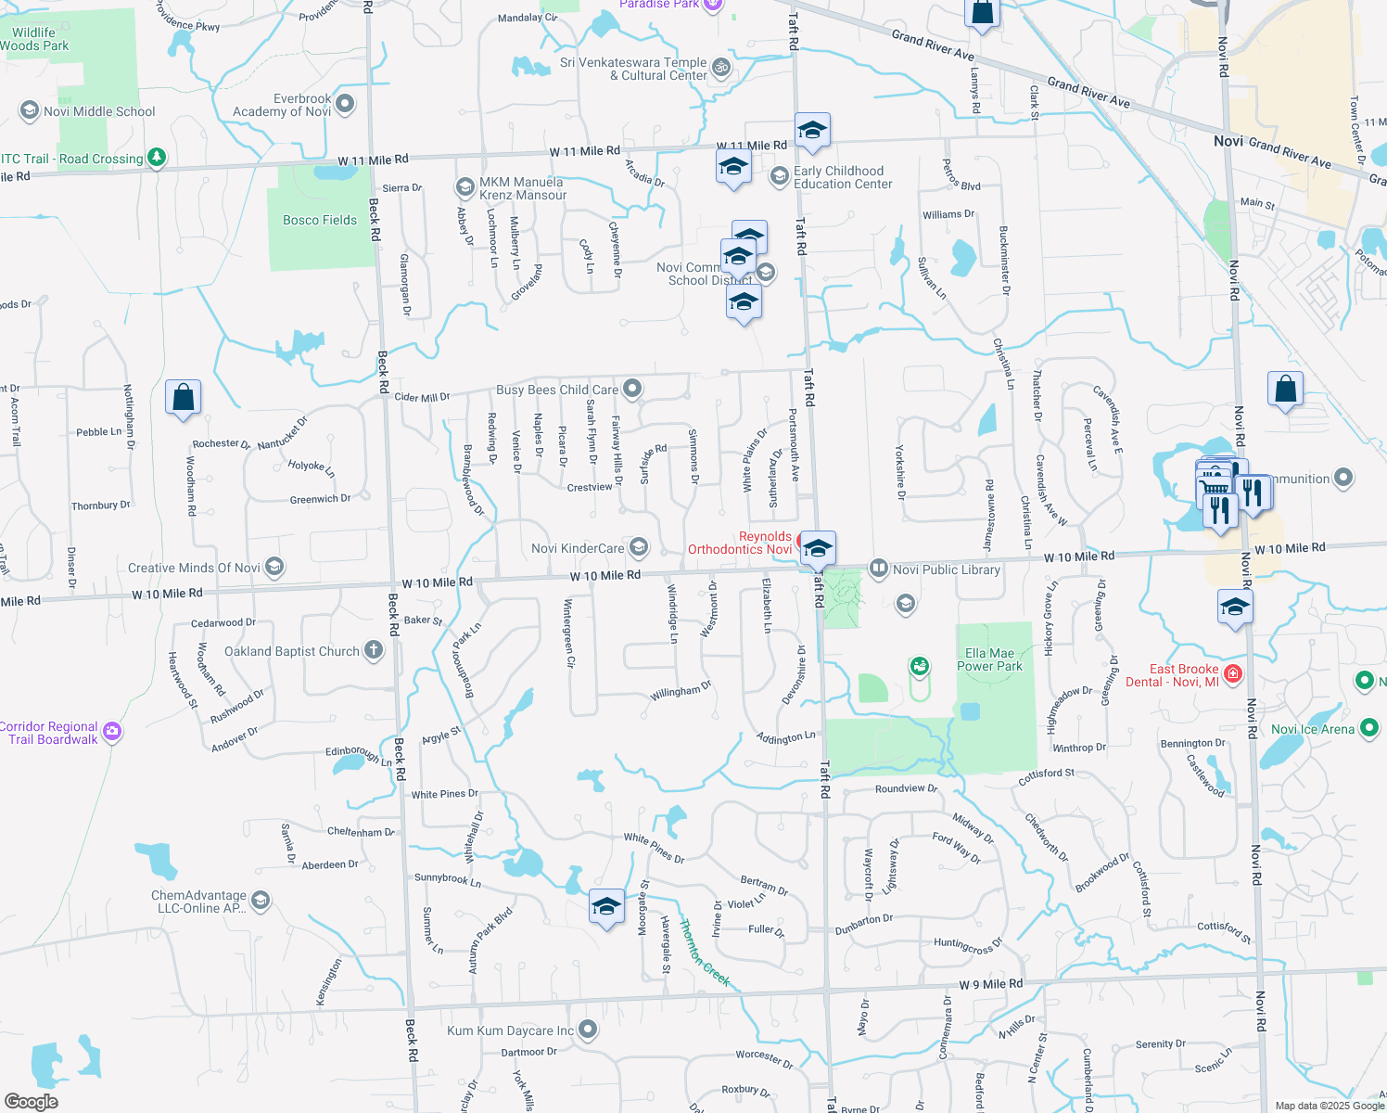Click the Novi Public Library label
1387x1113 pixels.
[x=946, y=569]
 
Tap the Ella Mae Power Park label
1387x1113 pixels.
[x=989, y=659]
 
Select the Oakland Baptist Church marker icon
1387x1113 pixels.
[x=374, y=650]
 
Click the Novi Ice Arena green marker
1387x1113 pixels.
[x=1369, y=728]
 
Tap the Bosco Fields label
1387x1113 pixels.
[x=320, y=220]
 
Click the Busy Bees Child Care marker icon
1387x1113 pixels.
[x=632, y=388]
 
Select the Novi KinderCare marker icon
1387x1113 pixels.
[x=638, y=547]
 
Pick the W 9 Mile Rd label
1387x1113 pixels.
[x=990, y=984]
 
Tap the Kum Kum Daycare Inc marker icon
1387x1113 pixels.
[x=588, y=1029]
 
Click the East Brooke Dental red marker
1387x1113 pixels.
[x=1233, y=673]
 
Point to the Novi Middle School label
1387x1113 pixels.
[x=99, y=111]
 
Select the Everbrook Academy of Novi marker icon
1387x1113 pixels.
[x=345, y=103]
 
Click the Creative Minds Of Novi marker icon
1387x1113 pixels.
[x=274, y=567]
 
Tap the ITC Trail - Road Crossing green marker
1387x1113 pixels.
[x=157, y=157]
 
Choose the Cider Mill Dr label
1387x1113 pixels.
[x=422, y=397]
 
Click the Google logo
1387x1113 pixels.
[x=32, y=1102]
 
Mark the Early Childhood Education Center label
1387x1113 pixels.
[x=842, y=177]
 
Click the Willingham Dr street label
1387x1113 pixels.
[x=681, y=691]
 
